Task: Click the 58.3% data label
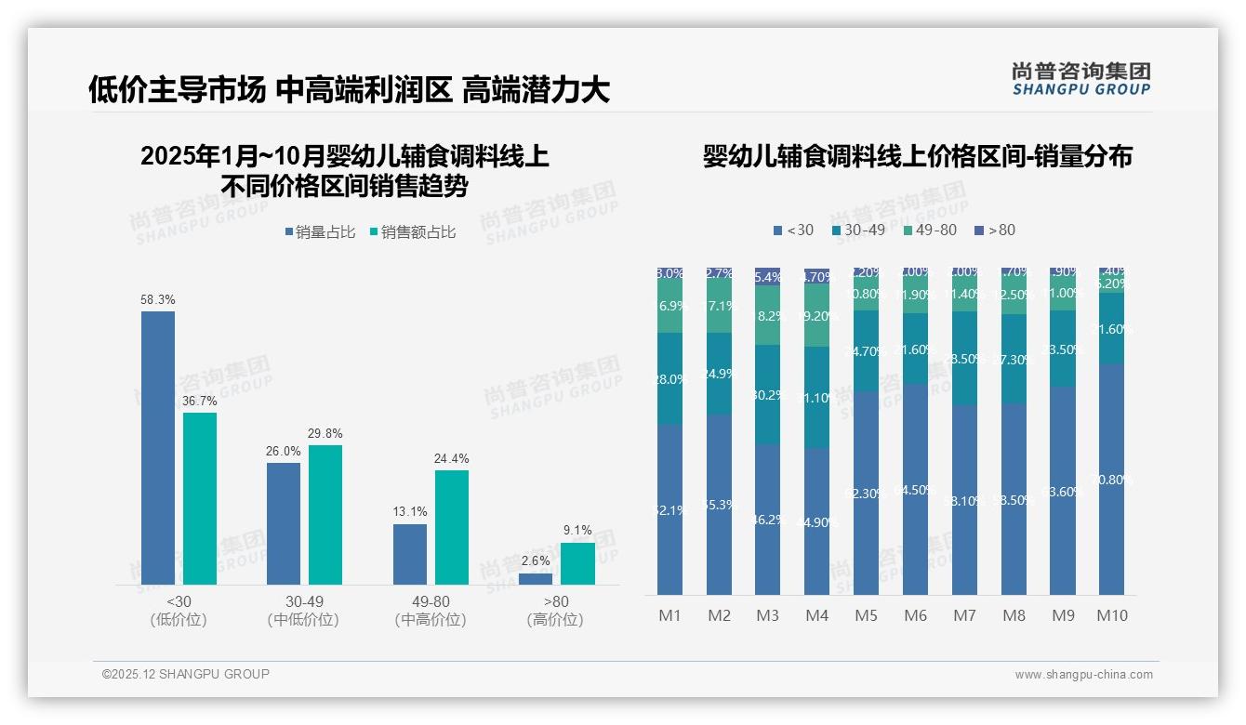[x=158, y=300]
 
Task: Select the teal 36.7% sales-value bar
[x=200, y=498]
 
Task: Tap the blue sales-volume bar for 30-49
[x=284, y=523]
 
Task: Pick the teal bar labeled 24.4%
[x=452, y=527]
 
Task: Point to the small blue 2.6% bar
[x=536, y=579]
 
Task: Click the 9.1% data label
[x=577, y=531]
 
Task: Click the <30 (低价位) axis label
[x=179, y=611]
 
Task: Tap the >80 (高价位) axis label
[x=555, y=611]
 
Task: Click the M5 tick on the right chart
[x=867, y=615]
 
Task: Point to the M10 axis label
[x=1112, y=615]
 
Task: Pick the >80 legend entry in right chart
[x=995, y=230]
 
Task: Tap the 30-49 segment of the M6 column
[x=916, y=349]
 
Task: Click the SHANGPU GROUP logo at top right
[x=1080, y=79]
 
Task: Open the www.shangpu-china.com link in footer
[x=1083, y=675]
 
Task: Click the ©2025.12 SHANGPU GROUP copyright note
[x=186, y=675]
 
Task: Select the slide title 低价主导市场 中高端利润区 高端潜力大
[x=349, y=90]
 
